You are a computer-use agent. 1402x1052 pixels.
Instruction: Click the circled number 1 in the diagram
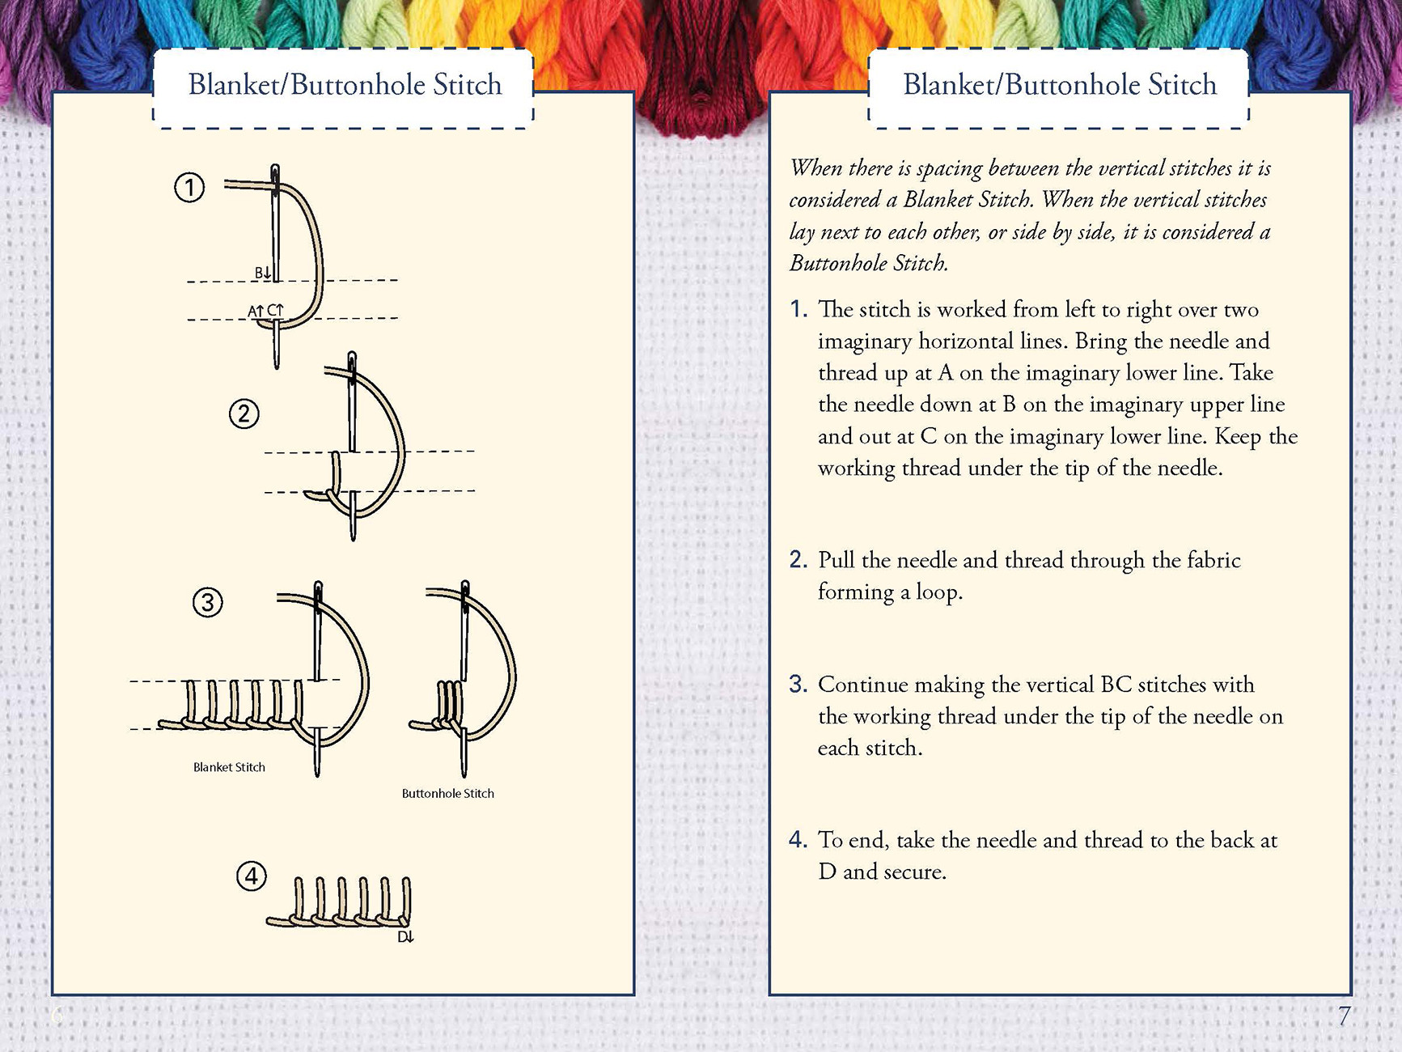[189, 188]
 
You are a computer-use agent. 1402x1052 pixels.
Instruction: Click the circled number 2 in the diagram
[244, 414]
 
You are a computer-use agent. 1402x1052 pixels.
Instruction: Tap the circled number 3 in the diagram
[208, 602]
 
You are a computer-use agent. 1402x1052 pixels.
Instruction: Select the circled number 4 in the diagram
[252, 876]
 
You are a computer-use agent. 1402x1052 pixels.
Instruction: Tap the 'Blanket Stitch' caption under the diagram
[229, 767]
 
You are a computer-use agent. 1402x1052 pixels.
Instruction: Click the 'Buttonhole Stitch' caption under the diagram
[447, 794]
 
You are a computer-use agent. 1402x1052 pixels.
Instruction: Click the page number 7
[1344, 1016]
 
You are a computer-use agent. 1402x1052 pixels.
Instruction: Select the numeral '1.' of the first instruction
[798, 309]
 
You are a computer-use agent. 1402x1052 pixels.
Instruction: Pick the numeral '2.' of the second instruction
[798, 560]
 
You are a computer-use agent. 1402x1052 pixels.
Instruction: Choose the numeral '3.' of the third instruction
[798, 685]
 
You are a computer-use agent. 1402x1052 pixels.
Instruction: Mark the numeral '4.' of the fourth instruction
[798, 840]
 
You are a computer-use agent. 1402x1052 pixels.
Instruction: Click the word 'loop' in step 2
[938, 592]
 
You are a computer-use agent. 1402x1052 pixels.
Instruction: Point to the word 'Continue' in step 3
[863, 685]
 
